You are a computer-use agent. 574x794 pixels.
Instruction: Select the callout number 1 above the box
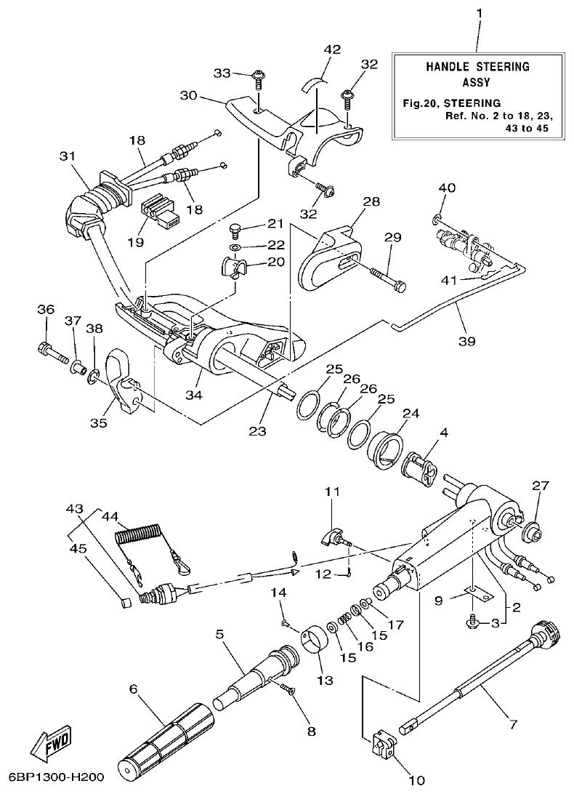click(479, 12)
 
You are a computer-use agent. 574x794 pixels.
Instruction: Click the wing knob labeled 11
click(335, 539)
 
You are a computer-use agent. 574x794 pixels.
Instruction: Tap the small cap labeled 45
click(126, 601)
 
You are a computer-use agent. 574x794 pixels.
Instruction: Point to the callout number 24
click(411, 414)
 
